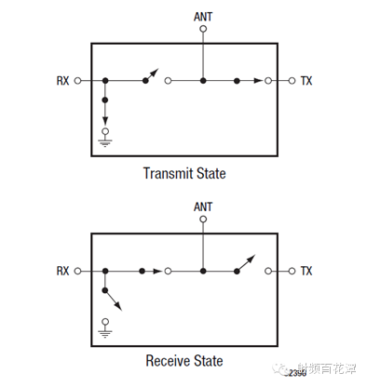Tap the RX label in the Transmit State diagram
pos(63,81)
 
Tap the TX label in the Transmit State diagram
pos(306,81)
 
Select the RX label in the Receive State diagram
pos(63,271)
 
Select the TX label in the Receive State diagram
pos(306,271)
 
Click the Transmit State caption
pos(183,173)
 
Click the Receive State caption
pos(183,360)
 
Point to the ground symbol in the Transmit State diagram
pos(105,140)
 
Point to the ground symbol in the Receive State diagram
pos(105,330)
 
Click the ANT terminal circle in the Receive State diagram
pos(203,220)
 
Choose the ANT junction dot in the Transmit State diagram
pos(203,81)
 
